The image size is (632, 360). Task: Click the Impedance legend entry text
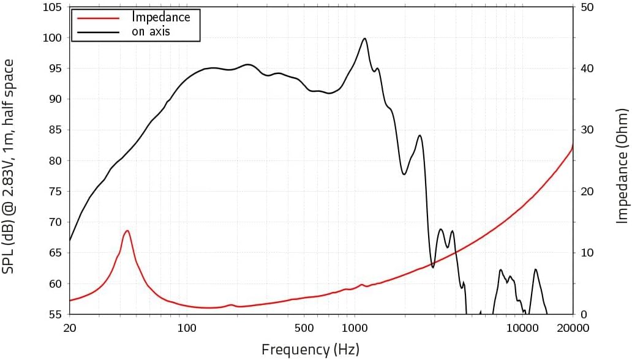pyautogui.click(x=161, y=17)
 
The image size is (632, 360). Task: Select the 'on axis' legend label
pyautogui.click(x=151, y=31)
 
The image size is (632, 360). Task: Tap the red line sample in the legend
pyautogui.click(x=98, y=17)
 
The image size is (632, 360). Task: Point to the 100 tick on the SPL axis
pyautogui.click(x=53, y=38)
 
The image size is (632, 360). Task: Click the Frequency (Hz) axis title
pyautogui.click(x=310, y=350)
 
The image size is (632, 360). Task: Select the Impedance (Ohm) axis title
pyautogui.click(x=622, y=165)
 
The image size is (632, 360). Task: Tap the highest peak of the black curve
pyautogui.click(x=365, y=39)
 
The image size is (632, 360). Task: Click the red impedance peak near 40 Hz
pyautogui.click(x=127, y=231)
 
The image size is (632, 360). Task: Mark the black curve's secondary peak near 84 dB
pyautogui.click(x=419, y=135)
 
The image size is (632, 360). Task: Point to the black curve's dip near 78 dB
pyautogui.click(x=404, y=174)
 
